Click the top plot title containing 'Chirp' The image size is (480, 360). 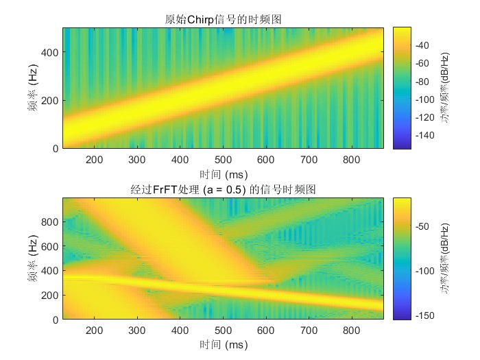click(x=224, y=20)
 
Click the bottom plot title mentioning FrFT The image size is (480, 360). click(x=224, y=189)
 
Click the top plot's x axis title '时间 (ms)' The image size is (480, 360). click(x=224, y=173)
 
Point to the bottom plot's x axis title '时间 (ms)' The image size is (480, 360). click(x=224, y=344)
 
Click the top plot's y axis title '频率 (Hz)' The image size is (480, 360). click(x=33, y=88)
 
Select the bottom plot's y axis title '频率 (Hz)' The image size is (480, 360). click(x=33, y=259)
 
